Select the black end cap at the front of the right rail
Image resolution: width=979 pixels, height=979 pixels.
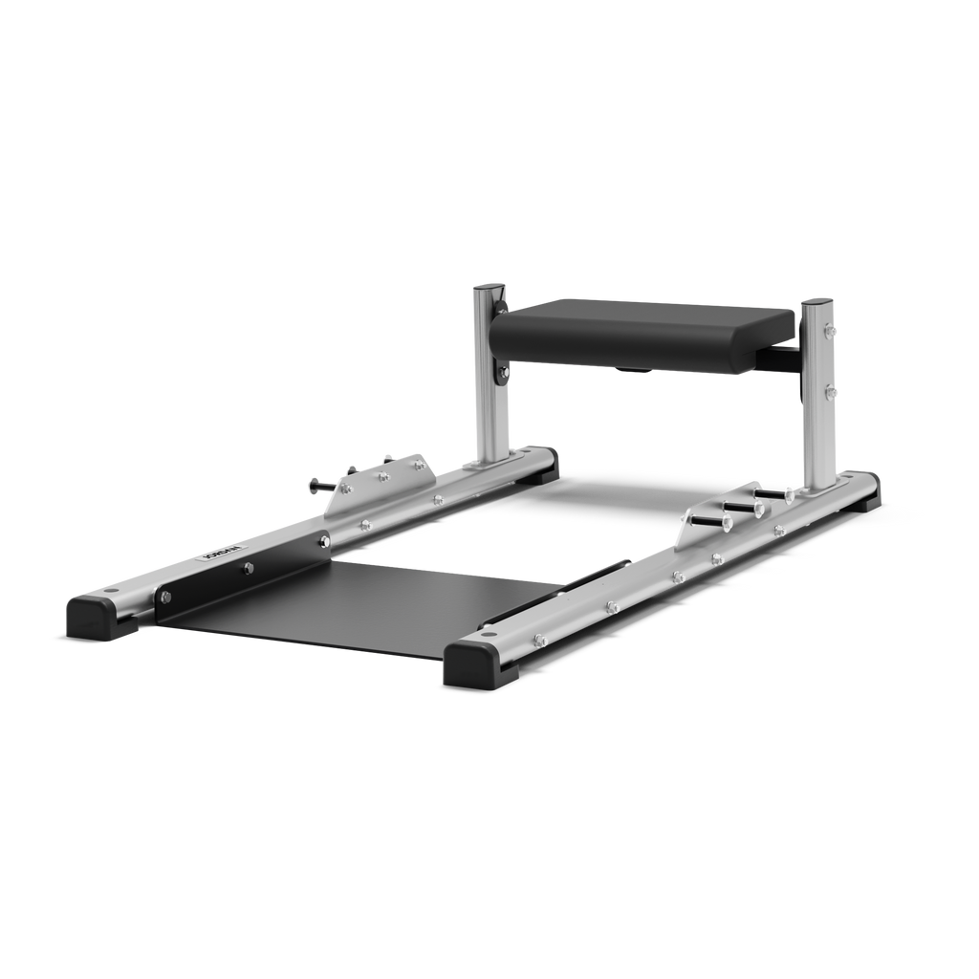(479, 661)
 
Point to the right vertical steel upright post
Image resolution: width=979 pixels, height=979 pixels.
(816, 402)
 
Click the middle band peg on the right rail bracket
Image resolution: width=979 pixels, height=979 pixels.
(740, 507)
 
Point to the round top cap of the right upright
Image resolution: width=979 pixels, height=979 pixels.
(817, 301)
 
